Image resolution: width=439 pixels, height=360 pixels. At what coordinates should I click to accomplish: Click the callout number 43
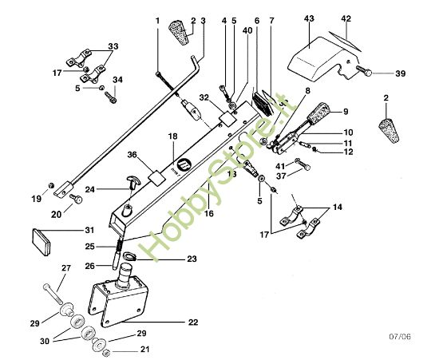[310, 18]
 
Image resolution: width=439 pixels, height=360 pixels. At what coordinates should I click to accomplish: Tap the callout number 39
[400, 73]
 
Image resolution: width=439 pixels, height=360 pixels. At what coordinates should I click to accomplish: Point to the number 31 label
[89, 231]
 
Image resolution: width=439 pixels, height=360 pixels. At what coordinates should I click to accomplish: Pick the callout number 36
[132, 155]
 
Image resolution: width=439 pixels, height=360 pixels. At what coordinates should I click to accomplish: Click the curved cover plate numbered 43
[315, 56]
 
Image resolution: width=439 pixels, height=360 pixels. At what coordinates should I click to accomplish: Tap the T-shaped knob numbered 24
[131, 185]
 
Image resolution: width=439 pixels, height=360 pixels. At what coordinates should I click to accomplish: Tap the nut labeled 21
[105, 349]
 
